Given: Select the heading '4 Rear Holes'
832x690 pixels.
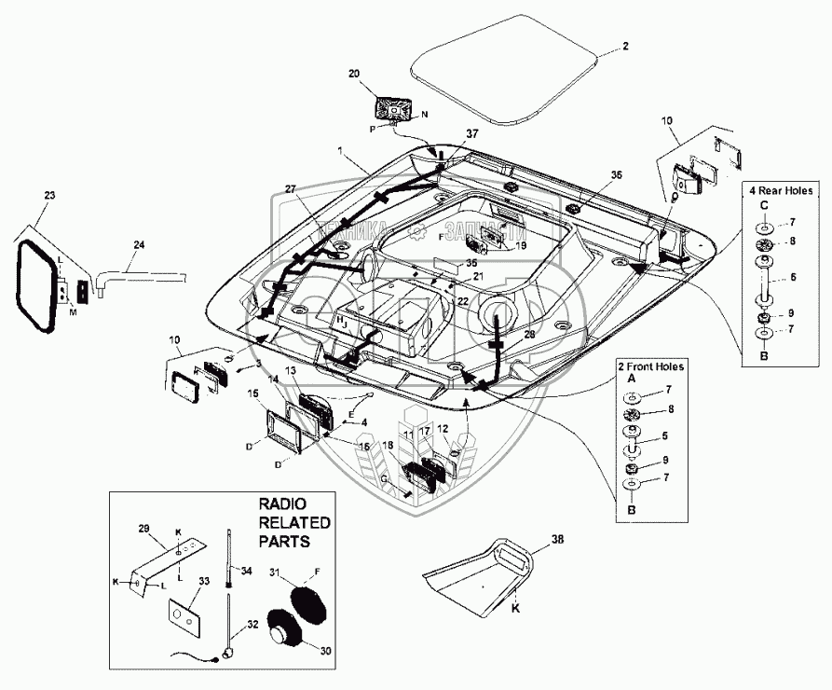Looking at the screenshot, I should pyautogui.click(x=777, y=189).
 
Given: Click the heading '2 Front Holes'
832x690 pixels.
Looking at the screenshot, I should pyautogui.click(x=650, y=366).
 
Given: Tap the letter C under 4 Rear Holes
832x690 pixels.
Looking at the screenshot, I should pyautogui.click(x=763, y=205).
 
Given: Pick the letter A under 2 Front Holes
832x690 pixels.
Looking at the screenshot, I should pyautogui.click(x=632, y=380).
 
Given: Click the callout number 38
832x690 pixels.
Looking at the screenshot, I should pyautogui.click(x=557, y=538).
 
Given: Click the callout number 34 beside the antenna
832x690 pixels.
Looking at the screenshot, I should pyautogui.click(x=246, y=570).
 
